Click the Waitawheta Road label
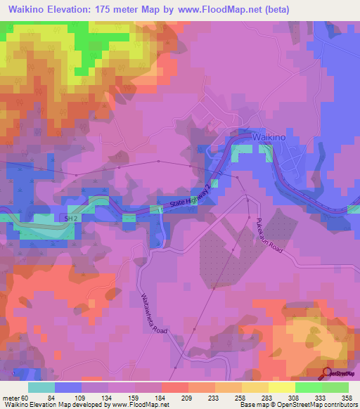[154, 313]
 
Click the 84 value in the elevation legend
[60, 398]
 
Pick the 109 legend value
[86, 398]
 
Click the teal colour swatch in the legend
[41, 387]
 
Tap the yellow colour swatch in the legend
[281, 387]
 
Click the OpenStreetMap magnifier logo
[328, 373]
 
